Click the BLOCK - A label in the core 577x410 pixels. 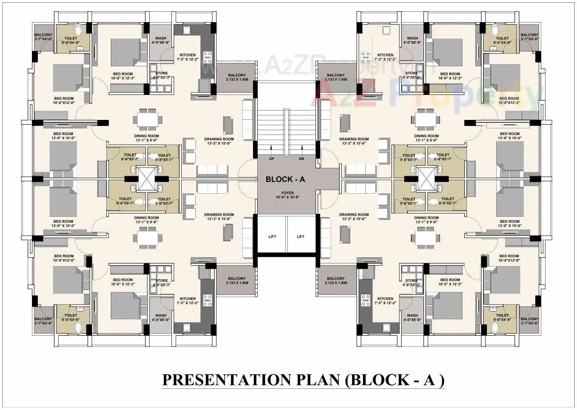(286, 179)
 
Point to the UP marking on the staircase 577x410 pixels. (271, 159)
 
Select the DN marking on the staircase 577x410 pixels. (301, 159)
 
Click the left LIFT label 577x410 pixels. (271, 237)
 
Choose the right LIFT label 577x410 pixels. (301, 237)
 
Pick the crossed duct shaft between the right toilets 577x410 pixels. (427, 179)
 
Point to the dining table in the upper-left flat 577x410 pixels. (147, 119)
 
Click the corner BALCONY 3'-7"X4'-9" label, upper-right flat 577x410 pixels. (529, 37)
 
